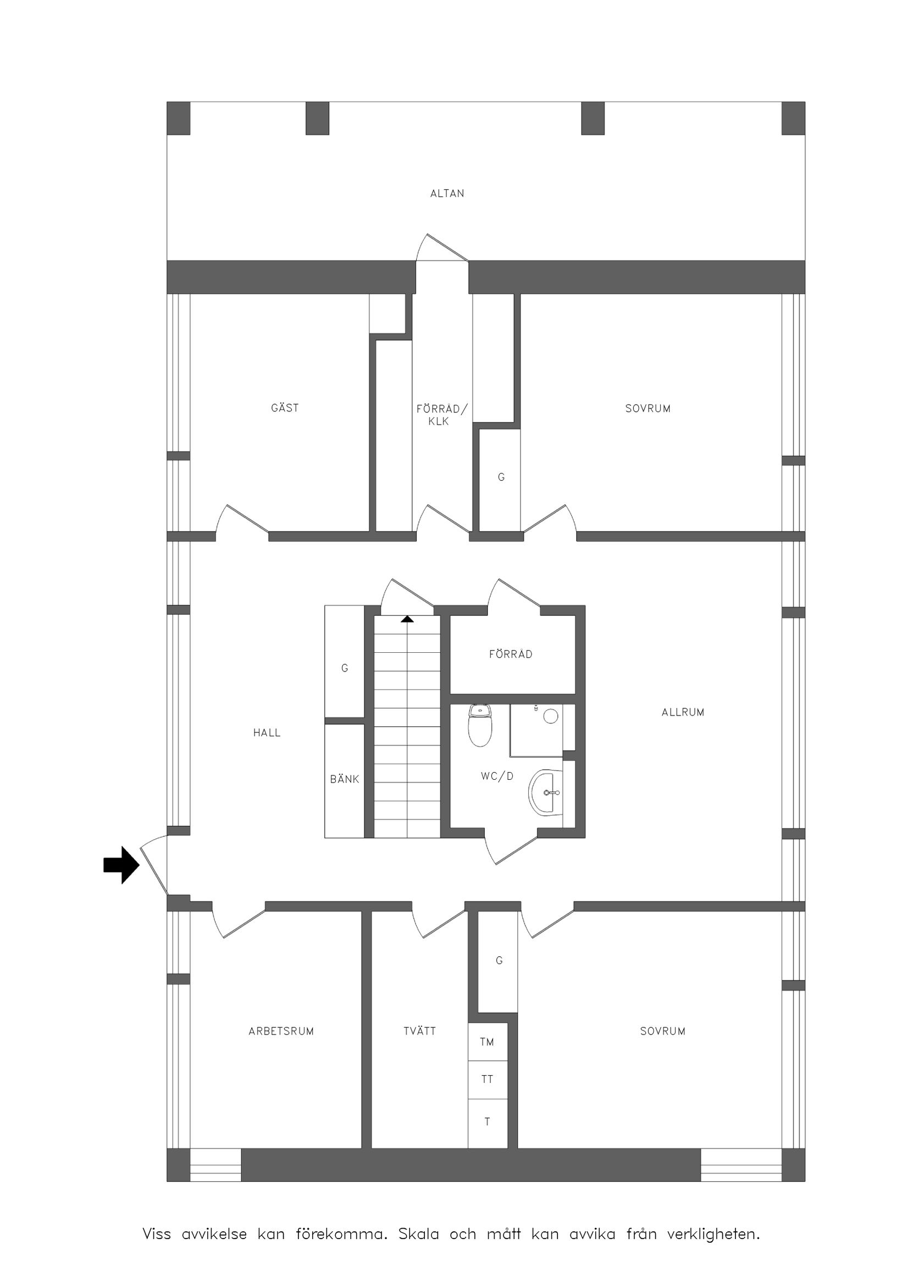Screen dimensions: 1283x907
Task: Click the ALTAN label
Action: pos(447,194)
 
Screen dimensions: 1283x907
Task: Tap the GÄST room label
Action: pos(285,408)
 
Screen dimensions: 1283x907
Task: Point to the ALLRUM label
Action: pos(683,712)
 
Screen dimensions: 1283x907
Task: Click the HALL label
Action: pos(267,733)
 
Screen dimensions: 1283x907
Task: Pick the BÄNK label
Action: pos(345,779)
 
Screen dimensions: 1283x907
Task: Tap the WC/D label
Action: pos(497,776)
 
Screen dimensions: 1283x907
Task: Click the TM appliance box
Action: pos(487,1042)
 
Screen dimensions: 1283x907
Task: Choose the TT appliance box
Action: pos(487,1079)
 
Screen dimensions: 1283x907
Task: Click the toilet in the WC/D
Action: pos(480,725)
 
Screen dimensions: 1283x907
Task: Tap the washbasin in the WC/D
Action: pos(545,792)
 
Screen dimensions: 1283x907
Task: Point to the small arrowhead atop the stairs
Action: pos(407,619)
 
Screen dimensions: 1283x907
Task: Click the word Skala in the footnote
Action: pos(418,1234)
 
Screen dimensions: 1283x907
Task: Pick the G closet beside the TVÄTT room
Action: pos(499,961)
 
